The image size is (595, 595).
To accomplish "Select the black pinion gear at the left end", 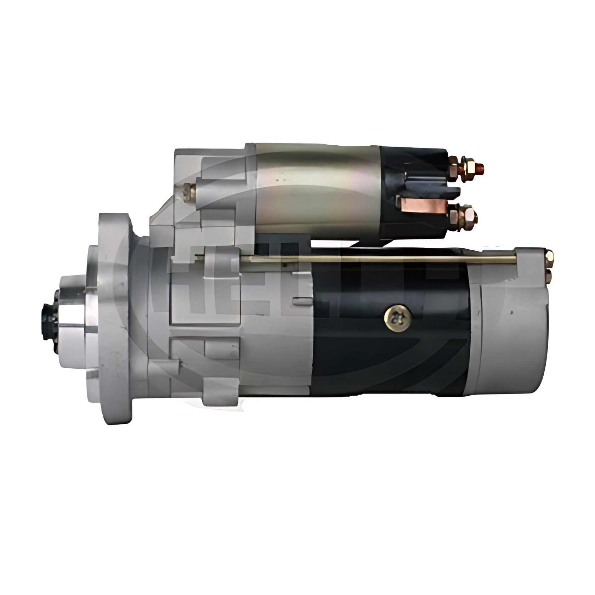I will click(50, 321).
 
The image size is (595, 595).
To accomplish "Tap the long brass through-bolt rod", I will click(375, 259).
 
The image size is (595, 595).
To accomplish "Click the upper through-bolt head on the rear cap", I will click(549, 256).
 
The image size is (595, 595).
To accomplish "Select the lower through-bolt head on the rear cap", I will click(549, 276).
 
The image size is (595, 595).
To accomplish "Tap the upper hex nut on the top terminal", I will click(468, 165).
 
